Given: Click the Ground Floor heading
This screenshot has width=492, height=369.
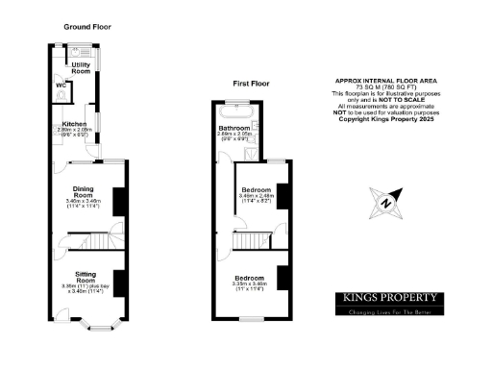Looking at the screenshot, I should pyautogui.click(x=87, y=27).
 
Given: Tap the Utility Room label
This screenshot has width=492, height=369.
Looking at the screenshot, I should pyautogui.click(x=81, y=68).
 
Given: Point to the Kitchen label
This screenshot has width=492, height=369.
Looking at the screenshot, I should pyautogui.click(x=76, y=124).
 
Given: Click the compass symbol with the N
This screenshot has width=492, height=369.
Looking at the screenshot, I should pyautogui.click(x=384, y=202).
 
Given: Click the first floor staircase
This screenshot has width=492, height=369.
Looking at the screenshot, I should pyautogui.click(x=251, y=240).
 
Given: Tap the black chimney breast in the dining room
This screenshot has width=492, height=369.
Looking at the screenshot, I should pyautogui.click(x=119, y=201).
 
